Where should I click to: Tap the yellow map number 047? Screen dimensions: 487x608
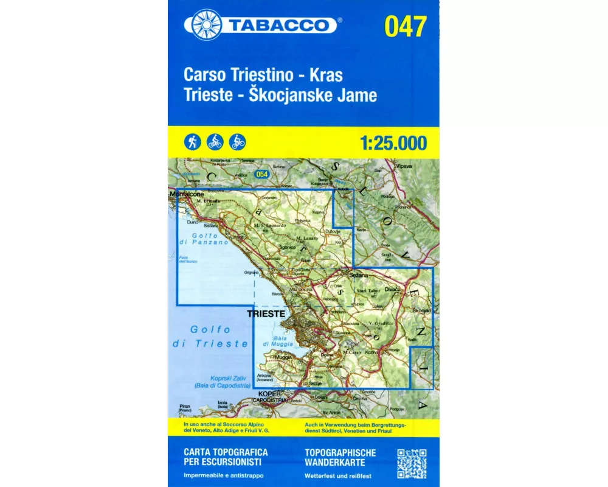pyautogui.click(x=406, y=26)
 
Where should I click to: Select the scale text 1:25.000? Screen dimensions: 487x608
pyautogui.click(x=393, y=144)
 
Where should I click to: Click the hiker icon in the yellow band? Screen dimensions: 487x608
pyautogui.click(x=192, y=142)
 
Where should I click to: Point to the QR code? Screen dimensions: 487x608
pyautogui.click(x=412, y=464)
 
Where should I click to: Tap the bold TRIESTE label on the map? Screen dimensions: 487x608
pyautogui.click(x=266, y=313)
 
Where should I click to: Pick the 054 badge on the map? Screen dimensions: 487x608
pyautogui.click(x=262, y=175)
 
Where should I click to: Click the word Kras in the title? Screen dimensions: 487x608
pyautogui.click(x=326, y=75)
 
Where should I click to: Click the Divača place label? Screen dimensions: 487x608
pyautogui.click(x=393, y=289)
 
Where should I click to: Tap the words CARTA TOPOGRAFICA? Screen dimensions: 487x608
pyautogui.click(x=225, y=452)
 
